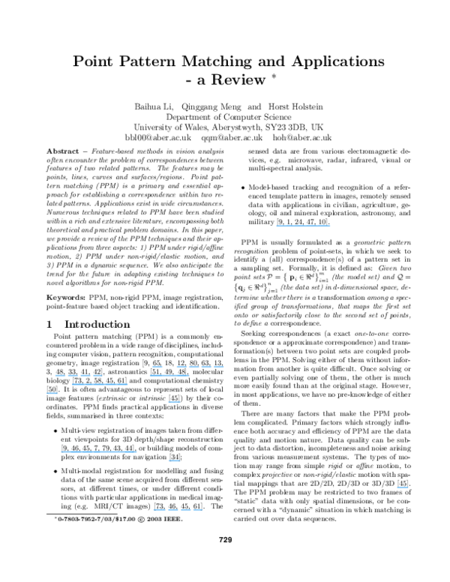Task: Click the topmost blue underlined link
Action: click(x=303, y=225)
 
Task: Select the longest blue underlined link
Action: click(x=99, y=452)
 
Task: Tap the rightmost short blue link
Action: click(x=403, y=487)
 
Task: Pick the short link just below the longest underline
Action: click(x=174, y=461)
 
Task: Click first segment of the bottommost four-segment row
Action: click(x=159, y=510)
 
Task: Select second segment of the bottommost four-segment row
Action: click(x=173, y=510)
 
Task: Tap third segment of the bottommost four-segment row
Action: click(x=186, y=510)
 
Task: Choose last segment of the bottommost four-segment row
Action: click(x=198, y=510)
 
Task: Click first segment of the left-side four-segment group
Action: click(x=60, y=376)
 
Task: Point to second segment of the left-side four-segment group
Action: click(x=73, y=376)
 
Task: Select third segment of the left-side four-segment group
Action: click(x=85, y=376)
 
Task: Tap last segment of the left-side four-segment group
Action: click(x=97, y=376)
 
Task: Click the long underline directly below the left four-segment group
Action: click(x=100, y=385)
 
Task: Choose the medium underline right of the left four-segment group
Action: click(x=169, y=376)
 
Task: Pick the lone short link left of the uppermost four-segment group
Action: click(x=157, y=367)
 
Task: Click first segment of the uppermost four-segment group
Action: click(x=181, y=367)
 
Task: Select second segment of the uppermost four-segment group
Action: click(x=193, y=367)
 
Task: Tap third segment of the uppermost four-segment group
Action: click(x=206, y=367)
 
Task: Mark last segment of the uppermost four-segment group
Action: click(x=219, y=367)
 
